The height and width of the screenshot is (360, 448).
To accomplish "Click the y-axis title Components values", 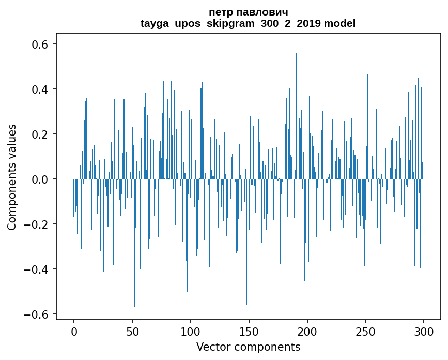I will point(12,177).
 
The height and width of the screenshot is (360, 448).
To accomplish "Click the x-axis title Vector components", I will point(248,347).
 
